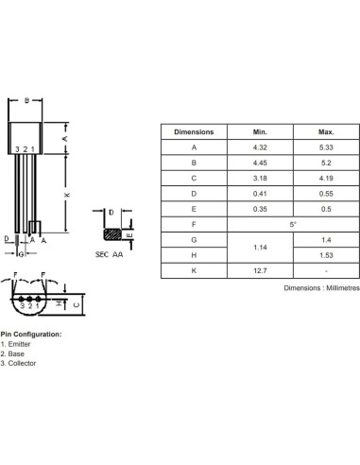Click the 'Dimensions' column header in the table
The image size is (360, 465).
(195, 132)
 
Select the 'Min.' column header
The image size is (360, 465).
(260, 132)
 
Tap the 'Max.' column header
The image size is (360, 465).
(325, 132)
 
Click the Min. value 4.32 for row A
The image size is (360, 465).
(260, 147)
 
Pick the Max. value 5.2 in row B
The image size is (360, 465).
(325, 163)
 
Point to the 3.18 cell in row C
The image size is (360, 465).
(260, 179)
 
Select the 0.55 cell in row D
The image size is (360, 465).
(325, 194)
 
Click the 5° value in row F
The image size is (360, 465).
(292, 225)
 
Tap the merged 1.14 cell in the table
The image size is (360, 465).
(260, 248)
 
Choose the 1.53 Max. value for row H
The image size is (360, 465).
(325, 255)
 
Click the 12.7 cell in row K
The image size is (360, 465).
(260, 271)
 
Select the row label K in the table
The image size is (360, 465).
(195, 271)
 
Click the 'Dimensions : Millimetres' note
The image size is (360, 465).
(321, 287)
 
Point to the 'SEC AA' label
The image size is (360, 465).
(111, 255)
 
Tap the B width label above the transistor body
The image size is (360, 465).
(27, 100)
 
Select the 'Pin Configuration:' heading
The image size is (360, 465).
(31, 335)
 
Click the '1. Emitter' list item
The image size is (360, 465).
(19, 344)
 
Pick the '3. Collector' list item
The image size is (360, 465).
(21, 363)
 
